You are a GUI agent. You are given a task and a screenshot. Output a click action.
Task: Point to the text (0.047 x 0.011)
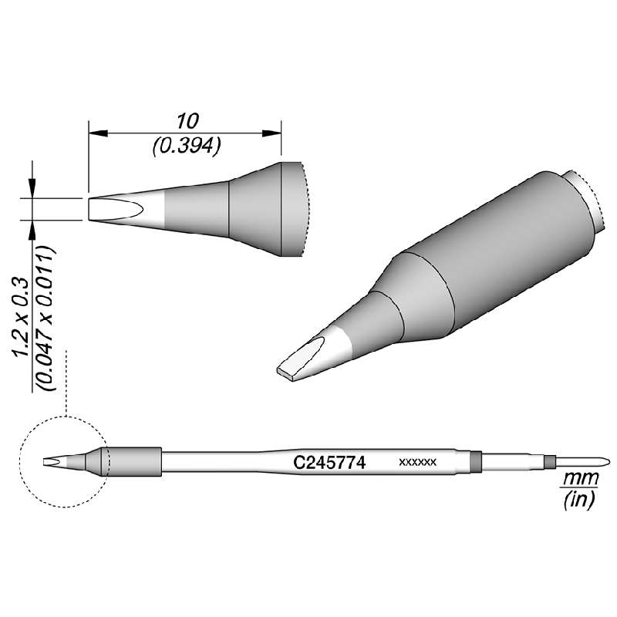[x=49, y=317]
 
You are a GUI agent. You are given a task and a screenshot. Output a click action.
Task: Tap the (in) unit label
[x=576, y=501]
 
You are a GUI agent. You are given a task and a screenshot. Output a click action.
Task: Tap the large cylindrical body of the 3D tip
[x=501, y=247]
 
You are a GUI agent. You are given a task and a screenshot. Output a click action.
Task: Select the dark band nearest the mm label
[x=549, y=463]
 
